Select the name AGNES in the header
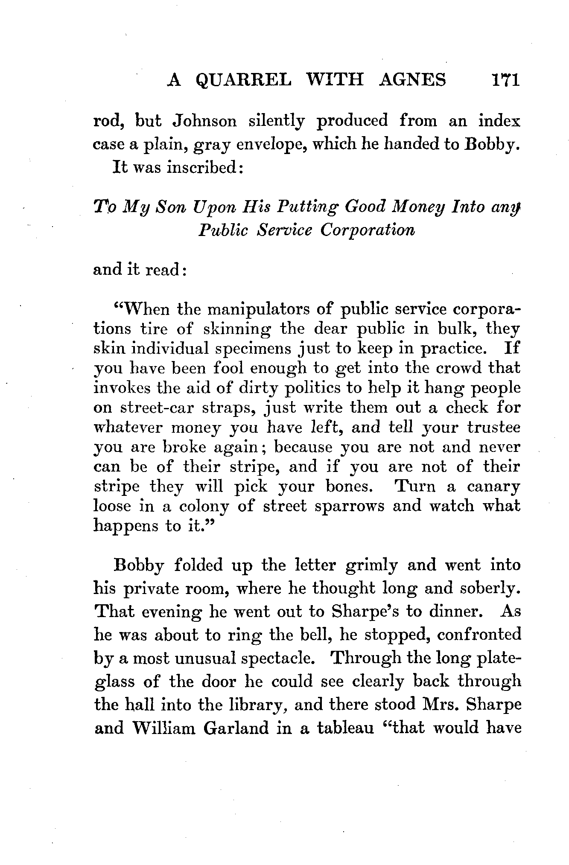click(412, 80)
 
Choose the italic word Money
click(429, 207)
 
